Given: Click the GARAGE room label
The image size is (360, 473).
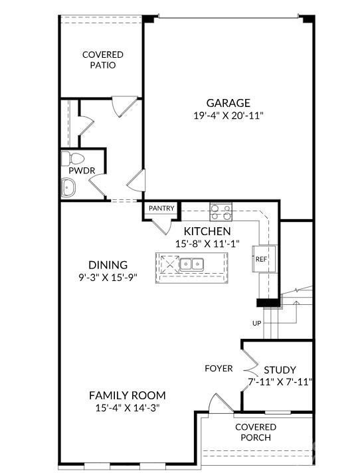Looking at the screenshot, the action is click(x=228, y=103).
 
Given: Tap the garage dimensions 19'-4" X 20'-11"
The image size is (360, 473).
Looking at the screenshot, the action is click(x=228, y=116).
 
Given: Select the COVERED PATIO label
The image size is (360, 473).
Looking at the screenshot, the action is click(x=103, y=60).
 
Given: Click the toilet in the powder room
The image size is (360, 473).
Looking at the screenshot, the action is click(x=72, y=159).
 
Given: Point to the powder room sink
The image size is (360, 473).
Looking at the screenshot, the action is click(x=68, y=188).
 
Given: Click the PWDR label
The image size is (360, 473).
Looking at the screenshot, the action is click(x=82, y=171).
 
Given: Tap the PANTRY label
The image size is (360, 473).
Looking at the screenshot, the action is click(x=161, y=208).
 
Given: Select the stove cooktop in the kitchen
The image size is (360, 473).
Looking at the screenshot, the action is click(x=221, y=212).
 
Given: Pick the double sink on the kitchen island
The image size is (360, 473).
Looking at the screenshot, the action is click(x=191, y=264).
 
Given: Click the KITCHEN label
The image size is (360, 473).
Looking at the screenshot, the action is click(x=207, y=231).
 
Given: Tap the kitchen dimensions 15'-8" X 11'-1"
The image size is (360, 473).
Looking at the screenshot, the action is click(x=207, y=244).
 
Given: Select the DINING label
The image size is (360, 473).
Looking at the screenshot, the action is click(x=108, y=265).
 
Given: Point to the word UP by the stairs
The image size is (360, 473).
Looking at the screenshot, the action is click(x=256, y=324).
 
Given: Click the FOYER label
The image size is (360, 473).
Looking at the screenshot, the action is click(x=219, y=368).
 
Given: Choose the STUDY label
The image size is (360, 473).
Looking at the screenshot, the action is click(x=280, y=370).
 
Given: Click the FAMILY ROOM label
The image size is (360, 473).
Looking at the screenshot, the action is click(x=128, y=395).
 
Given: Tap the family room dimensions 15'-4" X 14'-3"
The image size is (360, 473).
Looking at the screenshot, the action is click(x=128, y=408).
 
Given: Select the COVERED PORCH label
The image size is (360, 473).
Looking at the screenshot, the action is click(x=256, y=432).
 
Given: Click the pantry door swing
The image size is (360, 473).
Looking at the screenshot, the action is click(x=163, y=227).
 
